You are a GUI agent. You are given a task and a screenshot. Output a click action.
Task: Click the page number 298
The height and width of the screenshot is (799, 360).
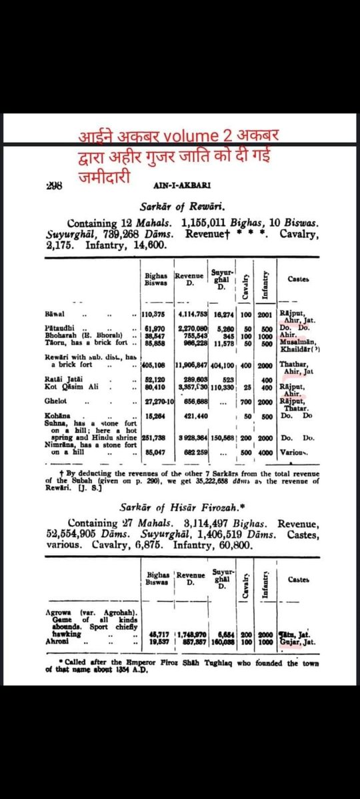coord(53,187)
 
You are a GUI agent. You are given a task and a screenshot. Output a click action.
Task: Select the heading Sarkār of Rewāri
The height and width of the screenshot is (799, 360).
coord(181,207)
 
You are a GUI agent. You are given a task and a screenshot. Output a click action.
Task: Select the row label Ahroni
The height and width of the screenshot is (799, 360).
coord(56,642)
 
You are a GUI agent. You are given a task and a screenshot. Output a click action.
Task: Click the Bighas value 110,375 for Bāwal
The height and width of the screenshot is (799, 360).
coord(155,313)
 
